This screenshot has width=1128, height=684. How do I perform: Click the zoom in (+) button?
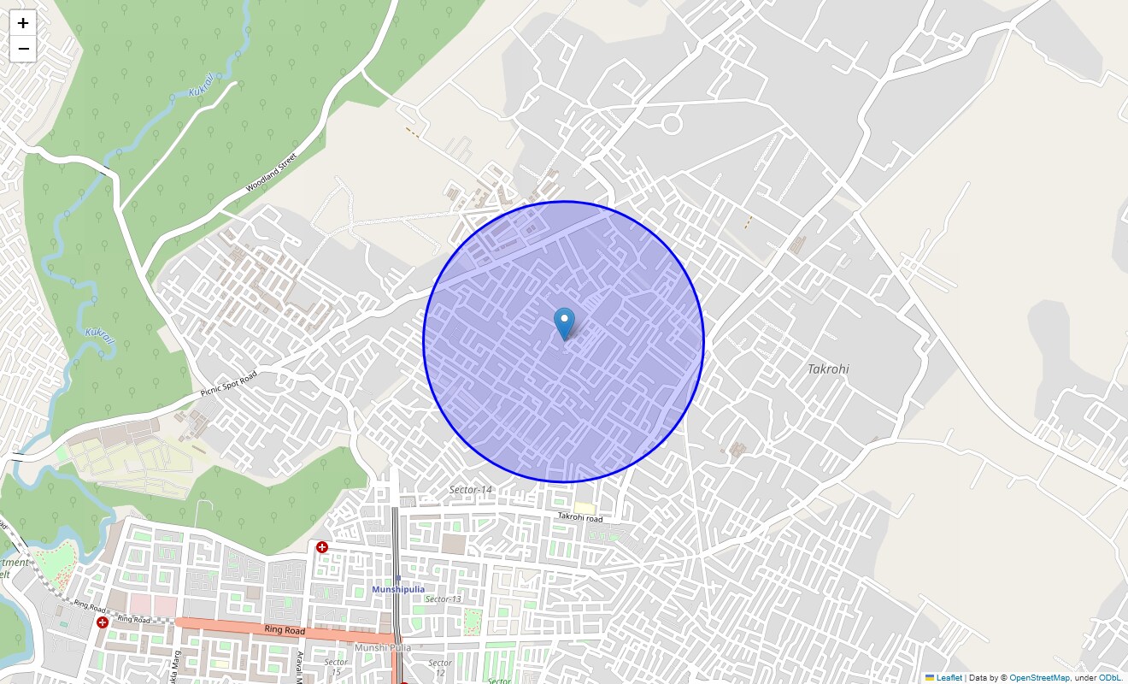tap(23, 23)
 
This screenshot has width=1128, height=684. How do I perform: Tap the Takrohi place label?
tap(828, 369)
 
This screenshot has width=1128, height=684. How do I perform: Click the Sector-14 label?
tap(471, 490)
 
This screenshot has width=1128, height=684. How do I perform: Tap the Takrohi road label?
tap(579, 517)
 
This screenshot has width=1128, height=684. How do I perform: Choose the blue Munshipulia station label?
tap(397, 590)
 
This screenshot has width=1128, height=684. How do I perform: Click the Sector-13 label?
tap(443, 599)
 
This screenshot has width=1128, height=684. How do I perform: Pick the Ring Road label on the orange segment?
tap(285, 630)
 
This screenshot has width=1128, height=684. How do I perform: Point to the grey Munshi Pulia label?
tap(383, 647)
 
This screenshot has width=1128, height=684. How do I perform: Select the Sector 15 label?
tap(336, 667)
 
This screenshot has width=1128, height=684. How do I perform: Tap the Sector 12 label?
tap(439, 668)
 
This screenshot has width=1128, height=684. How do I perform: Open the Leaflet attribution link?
tap(949, 678)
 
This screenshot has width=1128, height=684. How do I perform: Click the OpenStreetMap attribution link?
tap(1038, 678)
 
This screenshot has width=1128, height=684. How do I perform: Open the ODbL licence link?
tap(1110, 678)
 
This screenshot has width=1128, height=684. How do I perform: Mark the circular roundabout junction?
tap(672, 125)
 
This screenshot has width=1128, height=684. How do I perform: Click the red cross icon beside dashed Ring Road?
tap(103, 622)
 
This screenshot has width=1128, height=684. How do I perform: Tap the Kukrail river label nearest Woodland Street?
tap(202, 83)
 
